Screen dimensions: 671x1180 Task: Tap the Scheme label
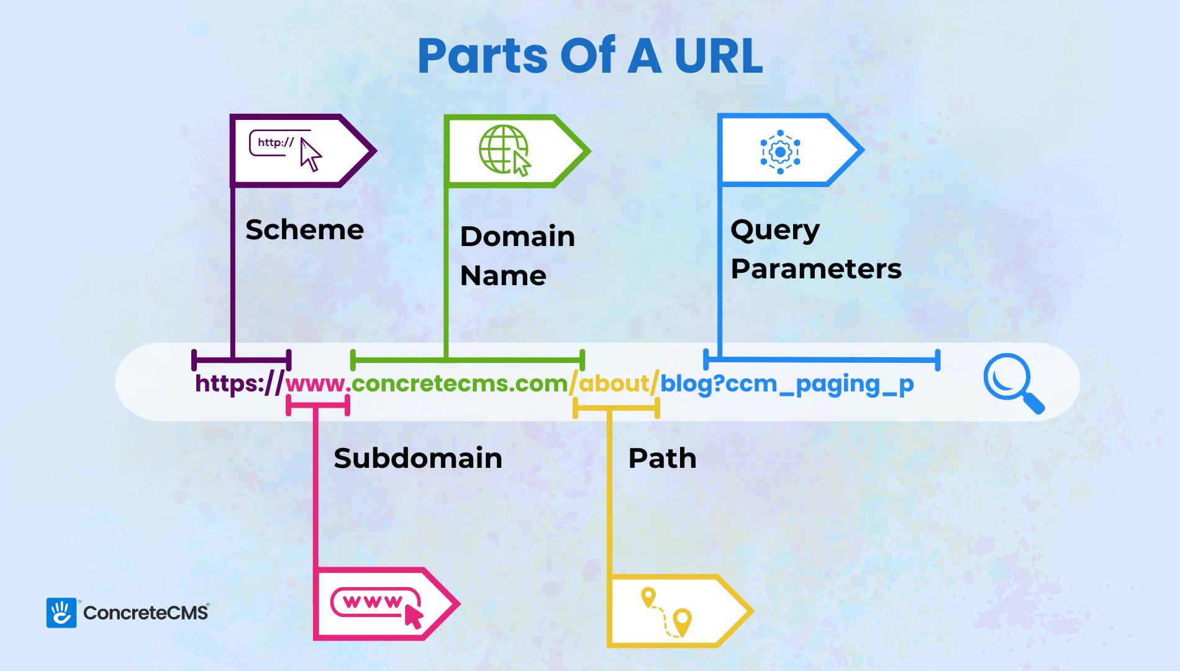(304, 230)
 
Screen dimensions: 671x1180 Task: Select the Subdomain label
(418, 459)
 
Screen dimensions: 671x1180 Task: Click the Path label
(662, 459)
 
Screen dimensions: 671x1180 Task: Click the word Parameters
(815, 269)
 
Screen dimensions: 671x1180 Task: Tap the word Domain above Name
(517, 237)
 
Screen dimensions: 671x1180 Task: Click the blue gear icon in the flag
(780, 151)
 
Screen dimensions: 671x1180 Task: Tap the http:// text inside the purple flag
(276, 142)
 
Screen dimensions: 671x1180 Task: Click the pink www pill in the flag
(374, 602)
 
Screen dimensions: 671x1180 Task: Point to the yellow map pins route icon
(666, 612)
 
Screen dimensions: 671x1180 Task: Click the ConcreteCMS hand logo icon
(61, 613)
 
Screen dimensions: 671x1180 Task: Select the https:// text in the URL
(239, 384)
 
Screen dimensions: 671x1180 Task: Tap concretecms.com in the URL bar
(460, 384)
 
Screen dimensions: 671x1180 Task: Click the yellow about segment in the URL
(614, 384)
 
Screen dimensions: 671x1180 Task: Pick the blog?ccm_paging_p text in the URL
(786, 384)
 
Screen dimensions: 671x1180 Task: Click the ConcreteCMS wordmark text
(145, 613)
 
